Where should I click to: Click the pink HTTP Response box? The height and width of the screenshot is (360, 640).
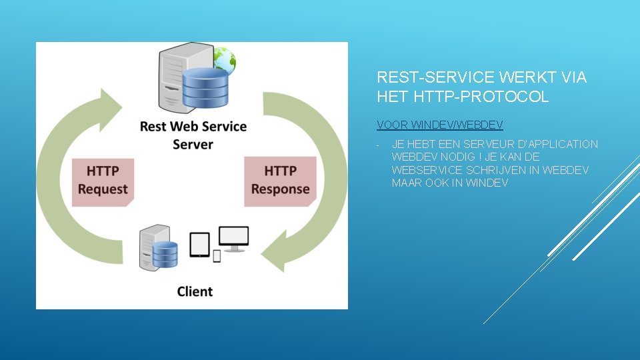pyautogui.click(x=280, y=180)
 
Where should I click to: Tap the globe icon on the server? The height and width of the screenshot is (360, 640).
pyautogui.click(x=224, y=60)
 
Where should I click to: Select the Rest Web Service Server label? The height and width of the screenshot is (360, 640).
pyautogui.click(x=193, y=135)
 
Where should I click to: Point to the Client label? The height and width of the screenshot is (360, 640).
pyautogui.click(x=195, y=291)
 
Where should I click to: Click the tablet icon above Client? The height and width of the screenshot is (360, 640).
pyautogui.click(x=199, y=244)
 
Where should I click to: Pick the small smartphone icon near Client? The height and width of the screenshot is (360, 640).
pyautogui.click(x=217, y=255)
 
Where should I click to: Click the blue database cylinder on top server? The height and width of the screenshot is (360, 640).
pyautogui.click(x=205, y=87)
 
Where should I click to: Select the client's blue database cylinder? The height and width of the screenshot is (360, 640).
pyautogui.click(x=165, y=253)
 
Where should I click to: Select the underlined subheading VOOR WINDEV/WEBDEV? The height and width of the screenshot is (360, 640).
pyautogui.click(x=439, y=125)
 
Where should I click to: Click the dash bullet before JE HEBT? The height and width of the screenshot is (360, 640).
pyautogui.click(x=377, y=145)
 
